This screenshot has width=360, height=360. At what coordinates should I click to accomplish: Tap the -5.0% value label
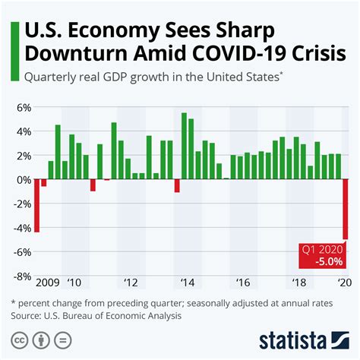tap(327, 261)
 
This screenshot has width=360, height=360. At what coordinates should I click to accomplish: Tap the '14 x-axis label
tap(186, 283)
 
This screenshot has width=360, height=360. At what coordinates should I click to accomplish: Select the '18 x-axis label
tap(298, 283)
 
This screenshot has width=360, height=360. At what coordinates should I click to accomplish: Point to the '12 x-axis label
tap(131, 283)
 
